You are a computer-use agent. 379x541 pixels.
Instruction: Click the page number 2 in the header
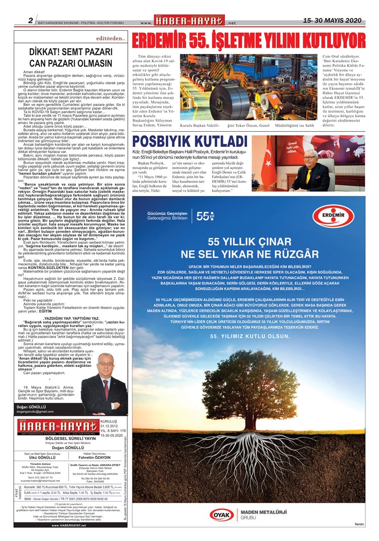pyautogui.click(x=31, y=21)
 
